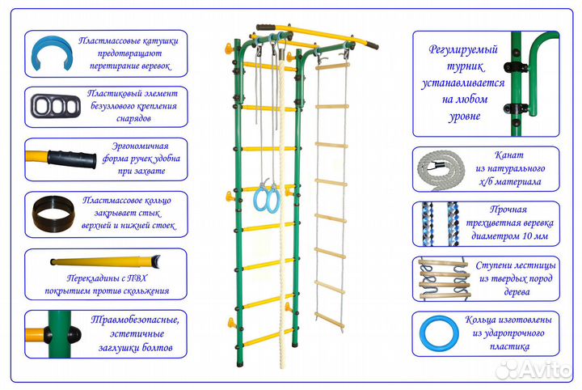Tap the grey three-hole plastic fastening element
tap(51, 106)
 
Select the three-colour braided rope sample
tap(436, 223)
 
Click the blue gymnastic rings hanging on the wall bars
tap(264, 196)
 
